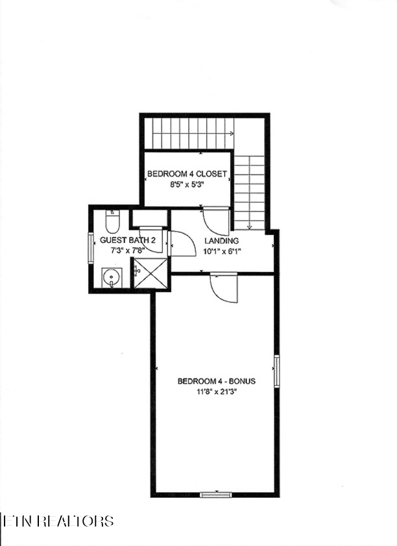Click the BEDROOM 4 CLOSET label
point(187,174)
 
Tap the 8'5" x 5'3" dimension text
point(186,185)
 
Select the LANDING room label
point(222,241)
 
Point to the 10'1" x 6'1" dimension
point(222,251)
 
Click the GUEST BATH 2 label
point(128,240)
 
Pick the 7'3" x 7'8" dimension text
point(128,250)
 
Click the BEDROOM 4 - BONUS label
point(217,381)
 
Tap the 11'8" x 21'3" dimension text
point(217,391)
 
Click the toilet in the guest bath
point(112,221)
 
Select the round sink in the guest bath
point(112,277)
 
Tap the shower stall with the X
point(150,273)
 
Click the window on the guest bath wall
point(91,247)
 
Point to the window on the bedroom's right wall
point(277,371)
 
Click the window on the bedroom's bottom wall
point(216,495)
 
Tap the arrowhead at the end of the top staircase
point(232,133)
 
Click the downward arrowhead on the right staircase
point(250,228)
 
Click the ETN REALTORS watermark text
point(58,521)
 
